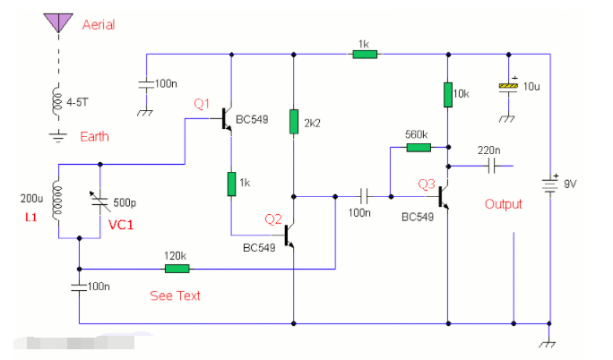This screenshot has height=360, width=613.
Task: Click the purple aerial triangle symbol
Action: [x=59, y=21]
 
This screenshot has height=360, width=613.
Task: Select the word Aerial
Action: [x=99, y=23]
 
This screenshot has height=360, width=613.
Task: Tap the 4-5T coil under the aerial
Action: [x=59, y=102]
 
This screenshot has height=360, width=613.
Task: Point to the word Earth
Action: [x=95, y=136]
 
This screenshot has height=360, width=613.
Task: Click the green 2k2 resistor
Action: [x=293, y=121]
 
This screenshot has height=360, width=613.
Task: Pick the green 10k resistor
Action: [x=446, y=94]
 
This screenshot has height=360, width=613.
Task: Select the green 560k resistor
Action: [x=419, y=147]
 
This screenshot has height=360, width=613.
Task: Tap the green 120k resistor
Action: [x=177, y=268]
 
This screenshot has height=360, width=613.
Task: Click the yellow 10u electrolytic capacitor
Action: [x=508, y=86]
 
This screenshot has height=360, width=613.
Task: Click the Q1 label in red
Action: [x=203, y=104]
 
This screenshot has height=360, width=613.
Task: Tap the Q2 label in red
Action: [x=273, y=219]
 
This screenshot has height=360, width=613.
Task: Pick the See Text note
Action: [x=175, y=296]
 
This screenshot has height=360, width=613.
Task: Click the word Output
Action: [x=503, y=204]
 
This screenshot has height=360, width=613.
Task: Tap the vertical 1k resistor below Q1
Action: [x=231, y=184]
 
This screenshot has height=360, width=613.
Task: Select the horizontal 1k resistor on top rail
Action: [x=364, y=54]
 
